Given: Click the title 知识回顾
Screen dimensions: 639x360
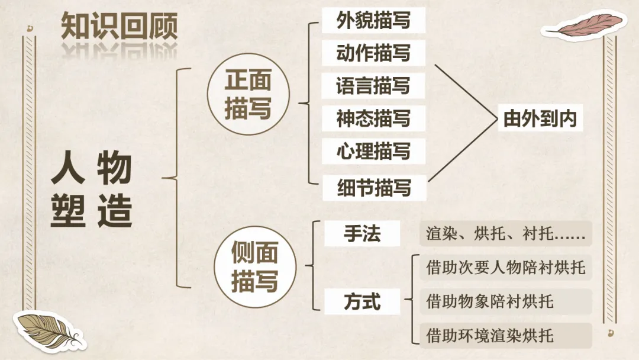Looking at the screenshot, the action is [119, 25].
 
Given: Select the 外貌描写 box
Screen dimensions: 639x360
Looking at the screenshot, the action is [373, 20].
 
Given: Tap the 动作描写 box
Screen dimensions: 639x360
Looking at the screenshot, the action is [373, 53].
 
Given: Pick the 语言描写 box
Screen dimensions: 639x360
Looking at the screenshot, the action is [373, 86].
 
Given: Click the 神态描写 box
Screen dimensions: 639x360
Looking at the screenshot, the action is [373, 118].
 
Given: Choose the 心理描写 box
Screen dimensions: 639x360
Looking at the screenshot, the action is [373, 151].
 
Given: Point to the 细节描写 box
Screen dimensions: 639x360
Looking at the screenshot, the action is [374, 188].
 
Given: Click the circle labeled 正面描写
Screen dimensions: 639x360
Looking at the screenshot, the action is [248, 94].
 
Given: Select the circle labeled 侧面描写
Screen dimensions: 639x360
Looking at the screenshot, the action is [254, 266].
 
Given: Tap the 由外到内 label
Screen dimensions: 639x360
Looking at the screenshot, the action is [540, 118].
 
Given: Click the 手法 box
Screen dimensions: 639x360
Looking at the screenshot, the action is [362, 234].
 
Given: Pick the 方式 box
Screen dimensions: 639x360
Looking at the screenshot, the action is [362, 301].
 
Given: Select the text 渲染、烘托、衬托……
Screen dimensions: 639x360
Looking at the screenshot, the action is [506, 234].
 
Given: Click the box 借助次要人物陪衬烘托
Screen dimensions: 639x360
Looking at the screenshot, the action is [506, 268].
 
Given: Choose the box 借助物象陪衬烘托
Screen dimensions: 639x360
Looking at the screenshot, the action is [506, 301].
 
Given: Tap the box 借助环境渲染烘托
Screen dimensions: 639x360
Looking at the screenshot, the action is [506, 336].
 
